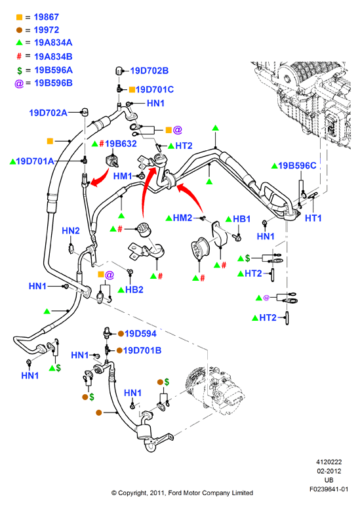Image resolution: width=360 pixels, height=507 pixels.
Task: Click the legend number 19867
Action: (46, 17)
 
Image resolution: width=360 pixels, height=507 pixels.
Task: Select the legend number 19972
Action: (46, 30)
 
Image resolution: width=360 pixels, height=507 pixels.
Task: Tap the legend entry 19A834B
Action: (53, 56)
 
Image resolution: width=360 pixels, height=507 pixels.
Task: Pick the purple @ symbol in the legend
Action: (19, 83)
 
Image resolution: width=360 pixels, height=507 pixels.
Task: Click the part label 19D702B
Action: (150, 71)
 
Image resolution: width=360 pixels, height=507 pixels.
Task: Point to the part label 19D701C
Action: (155, 90)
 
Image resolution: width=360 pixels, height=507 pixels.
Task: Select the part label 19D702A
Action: (48, 113)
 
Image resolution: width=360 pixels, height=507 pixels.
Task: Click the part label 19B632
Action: (121, 144)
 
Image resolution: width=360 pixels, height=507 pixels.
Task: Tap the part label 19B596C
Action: (297, 165)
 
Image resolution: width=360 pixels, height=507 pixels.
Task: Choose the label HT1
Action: (313, 218)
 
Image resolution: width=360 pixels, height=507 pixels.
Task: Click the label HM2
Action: (182, 218)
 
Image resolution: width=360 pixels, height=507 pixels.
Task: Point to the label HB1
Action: (242, 219)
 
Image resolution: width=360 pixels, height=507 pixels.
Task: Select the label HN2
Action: (70, 230)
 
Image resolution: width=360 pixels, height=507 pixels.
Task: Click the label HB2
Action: (134, 290)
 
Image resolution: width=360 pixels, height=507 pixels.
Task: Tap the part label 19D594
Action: (140, 334)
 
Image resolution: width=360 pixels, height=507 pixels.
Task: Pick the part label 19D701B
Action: (142, 350)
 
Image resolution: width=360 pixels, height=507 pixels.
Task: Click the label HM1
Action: (123, 176)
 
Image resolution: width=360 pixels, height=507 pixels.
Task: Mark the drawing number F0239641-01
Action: (329, 489)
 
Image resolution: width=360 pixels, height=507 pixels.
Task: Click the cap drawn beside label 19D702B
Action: (119, 70)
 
